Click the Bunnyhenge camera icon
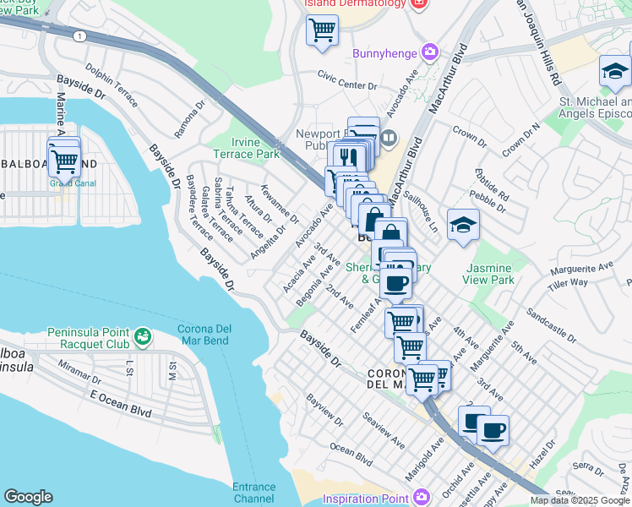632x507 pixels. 430,53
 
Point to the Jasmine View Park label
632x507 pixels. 488,274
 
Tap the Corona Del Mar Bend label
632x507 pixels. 214,335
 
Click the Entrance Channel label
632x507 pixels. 253,493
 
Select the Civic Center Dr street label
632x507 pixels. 346,85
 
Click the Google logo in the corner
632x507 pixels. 28,496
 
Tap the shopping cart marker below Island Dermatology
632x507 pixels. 322,30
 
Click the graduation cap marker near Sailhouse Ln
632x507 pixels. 463,225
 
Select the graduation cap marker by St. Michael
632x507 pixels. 615,72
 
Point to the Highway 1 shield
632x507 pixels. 78,36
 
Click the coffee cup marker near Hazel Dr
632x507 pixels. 493,430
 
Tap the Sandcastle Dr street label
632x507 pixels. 549,324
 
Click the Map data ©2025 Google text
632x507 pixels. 580,500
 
